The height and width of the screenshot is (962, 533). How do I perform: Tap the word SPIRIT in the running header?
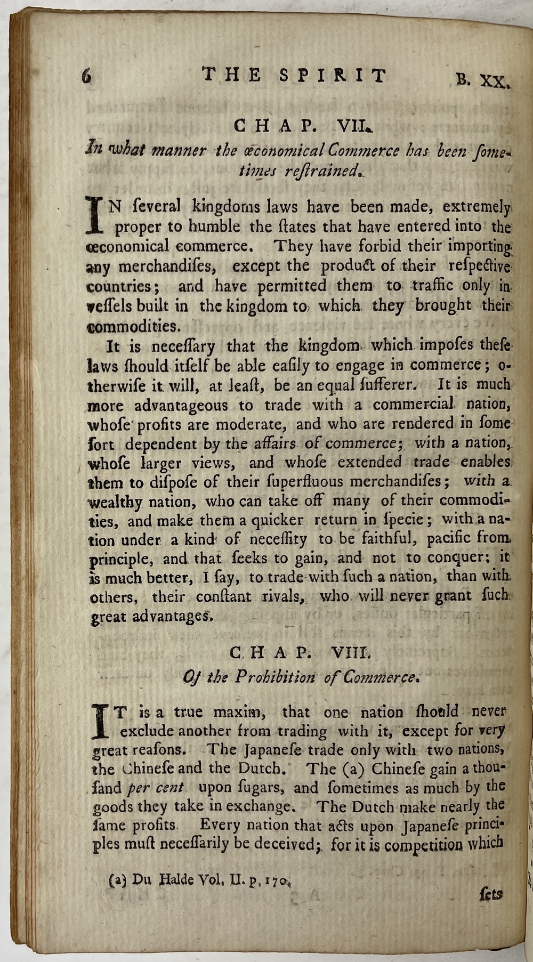(333, 76)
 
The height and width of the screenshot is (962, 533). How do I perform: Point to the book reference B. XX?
(483, 80)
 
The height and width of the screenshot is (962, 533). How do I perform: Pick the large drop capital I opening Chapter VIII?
(100, 721)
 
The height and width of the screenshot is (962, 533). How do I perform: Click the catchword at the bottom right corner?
(490, 893)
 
